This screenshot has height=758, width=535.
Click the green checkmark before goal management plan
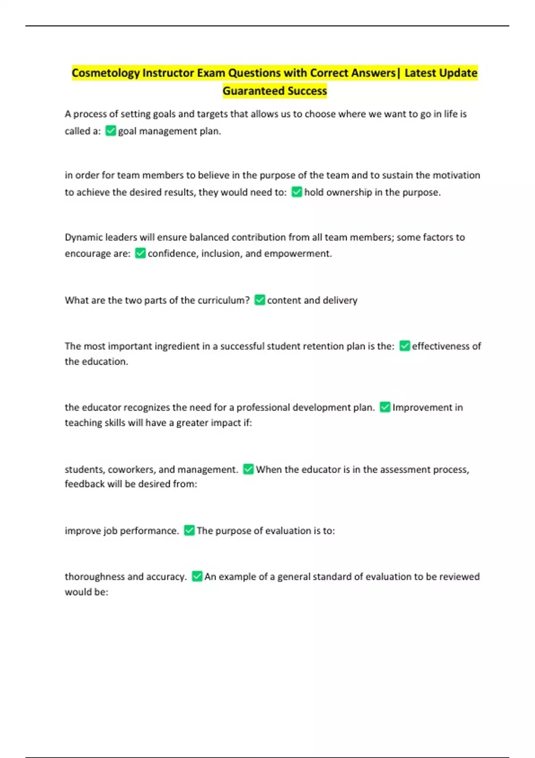tap(111, 131)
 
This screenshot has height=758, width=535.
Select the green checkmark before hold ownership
tap(297, 192)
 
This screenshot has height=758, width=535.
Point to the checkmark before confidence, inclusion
tap(140, 253)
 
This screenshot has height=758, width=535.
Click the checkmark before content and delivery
tap(259, 300)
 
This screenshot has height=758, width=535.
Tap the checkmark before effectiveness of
tap(405, 346)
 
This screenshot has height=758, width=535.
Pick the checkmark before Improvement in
tap(385, 407)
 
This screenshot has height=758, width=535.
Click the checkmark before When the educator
tap(248, 469)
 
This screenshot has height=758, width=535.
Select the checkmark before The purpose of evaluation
tap(189, 531)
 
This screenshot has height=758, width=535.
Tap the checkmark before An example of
tap(197, 577)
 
